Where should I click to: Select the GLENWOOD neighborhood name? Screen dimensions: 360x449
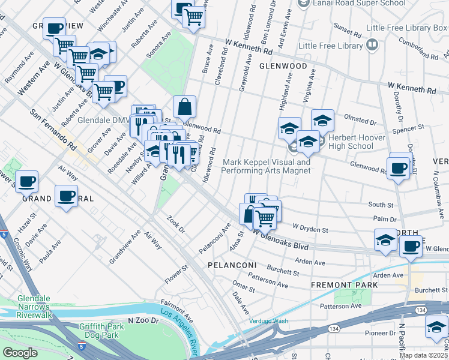283,66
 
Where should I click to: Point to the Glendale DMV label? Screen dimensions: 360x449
104,119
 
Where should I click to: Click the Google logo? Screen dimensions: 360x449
20,353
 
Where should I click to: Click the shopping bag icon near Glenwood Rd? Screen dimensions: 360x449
185,107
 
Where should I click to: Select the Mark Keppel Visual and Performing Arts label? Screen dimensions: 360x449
266,166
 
